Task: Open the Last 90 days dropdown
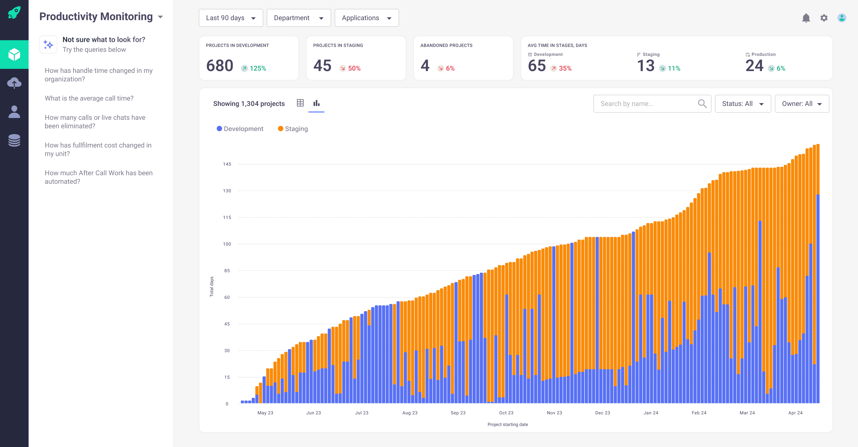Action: tap(231, 18)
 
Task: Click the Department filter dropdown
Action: tap(299, 18)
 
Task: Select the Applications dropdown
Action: tap(366, 18)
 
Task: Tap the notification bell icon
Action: tap(806, 18)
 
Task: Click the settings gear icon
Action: tap(824, 18)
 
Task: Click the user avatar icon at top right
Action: tap(842, 18)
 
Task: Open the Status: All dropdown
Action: tap(742, 103)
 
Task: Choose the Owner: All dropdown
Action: tap(801, 103)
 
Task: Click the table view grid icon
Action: tap(300, 103)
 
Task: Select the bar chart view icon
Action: tap(316, 103)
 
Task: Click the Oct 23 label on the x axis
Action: tap(506, 413)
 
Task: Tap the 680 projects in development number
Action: tap(219, 66)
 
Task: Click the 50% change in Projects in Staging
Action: tap(354, 68)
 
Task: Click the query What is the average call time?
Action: tap(89, 98)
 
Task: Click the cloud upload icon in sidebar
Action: tap(14, 83)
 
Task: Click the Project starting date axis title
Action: tap(507, 424)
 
